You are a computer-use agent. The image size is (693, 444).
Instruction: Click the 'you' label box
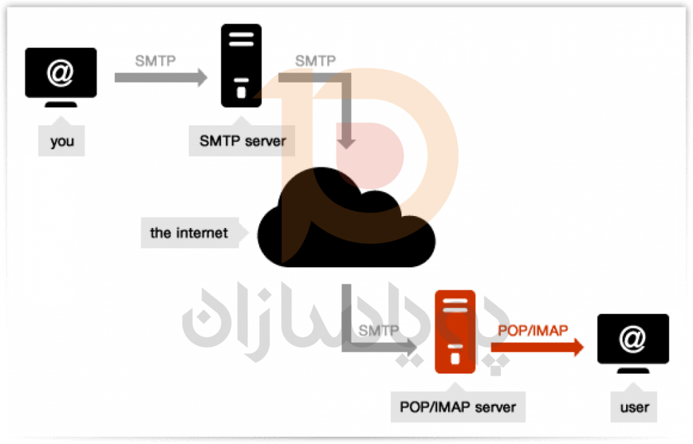click(62, 142)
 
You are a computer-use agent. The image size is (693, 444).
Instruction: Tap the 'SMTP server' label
click(242, 141)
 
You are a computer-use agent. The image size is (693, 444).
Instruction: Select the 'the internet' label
click(189, 233)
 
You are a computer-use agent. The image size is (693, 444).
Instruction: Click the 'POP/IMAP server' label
click(458, 407)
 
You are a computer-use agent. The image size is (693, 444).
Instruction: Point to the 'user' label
click(634, 407)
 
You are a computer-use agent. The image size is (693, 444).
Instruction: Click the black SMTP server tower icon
click(241, 66)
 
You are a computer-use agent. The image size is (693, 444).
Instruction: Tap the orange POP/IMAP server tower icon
click(455, 332)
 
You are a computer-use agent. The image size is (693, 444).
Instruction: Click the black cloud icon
click(345, 220)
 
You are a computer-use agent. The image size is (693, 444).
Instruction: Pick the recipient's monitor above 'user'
click(633, 340)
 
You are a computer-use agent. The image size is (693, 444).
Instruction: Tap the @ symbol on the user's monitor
click(633, 338)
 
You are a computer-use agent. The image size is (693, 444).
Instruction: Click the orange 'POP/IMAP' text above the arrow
click(533, 330)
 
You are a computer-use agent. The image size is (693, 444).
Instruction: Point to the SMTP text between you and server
click(155, 61)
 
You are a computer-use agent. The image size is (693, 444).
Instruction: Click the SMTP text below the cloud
click(379, 331)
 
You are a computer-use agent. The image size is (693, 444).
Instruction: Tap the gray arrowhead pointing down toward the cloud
click(347, 142)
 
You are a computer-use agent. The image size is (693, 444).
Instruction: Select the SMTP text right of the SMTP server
click(315, 61)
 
